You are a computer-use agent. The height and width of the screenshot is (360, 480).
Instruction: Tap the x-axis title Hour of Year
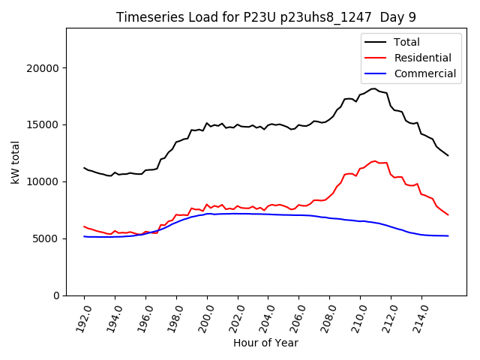coord(265,343)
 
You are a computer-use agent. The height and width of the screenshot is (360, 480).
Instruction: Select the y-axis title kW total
coord(15,162)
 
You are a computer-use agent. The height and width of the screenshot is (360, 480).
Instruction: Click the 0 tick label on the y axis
coord(56,295)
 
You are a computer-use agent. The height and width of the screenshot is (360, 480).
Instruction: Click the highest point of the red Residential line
coord(375,160)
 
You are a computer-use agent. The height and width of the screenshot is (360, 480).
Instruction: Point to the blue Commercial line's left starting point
coord(84,236)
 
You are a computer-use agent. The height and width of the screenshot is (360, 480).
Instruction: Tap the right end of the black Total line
coord(448,155)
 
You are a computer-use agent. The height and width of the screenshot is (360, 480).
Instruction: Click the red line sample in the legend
coord(376,58)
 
